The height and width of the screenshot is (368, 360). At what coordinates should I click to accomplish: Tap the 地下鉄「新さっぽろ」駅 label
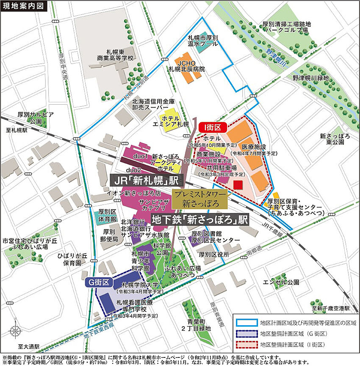(199, 220)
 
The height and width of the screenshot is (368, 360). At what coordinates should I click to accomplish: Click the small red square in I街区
(238, 185)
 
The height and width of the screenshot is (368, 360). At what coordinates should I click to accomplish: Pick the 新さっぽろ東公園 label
(332, 139)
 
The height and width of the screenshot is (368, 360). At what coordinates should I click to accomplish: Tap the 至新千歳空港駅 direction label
(330, 308)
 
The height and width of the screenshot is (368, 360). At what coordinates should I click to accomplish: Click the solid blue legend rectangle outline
(246, 323)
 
